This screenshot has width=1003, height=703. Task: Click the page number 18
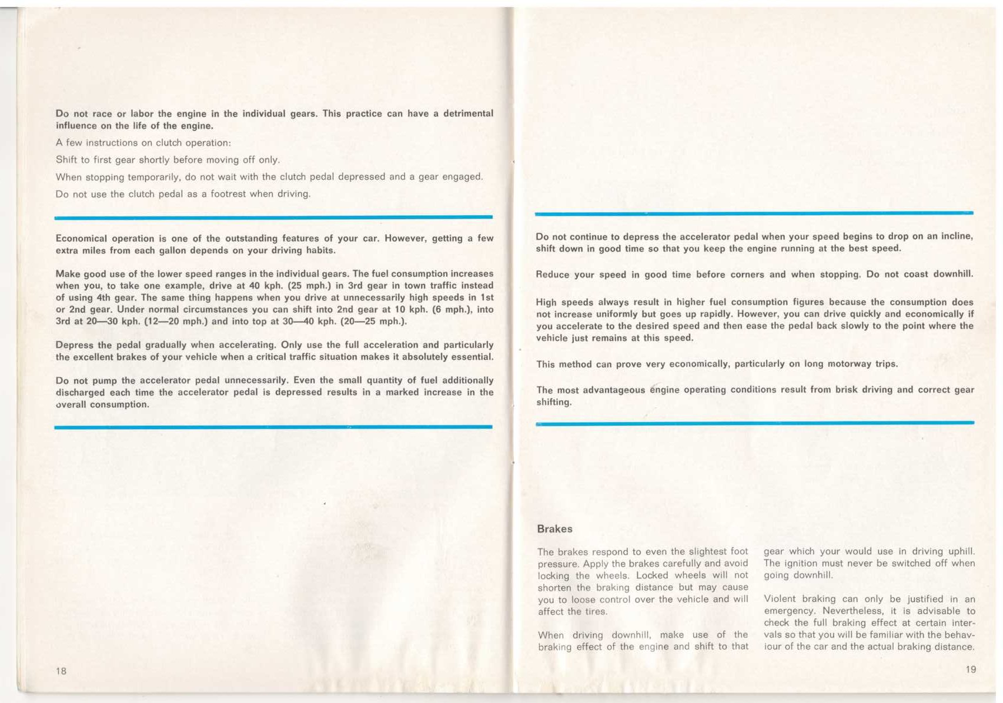click(x=61, y=671)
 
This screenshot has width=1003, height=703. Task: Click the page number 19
click(x=970, y=669)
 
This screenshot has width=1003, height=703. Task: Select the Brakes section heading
click(x=554, y=529)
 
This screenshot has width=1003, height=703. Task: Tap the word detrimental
click(x=468, y=113)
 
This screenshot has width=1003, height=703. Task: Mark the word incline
click(x=957, y=236)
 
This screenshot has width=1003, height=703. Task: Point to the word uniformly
click(x=621, y=314)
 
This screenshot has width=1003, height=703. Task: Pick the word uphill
click(x=961, y=551)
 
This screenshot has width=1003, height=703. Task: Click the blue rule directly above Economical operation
click(x=273, y=217)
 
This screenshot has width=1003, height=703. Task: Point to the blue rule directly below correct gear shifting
click(x=755, y=423)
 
